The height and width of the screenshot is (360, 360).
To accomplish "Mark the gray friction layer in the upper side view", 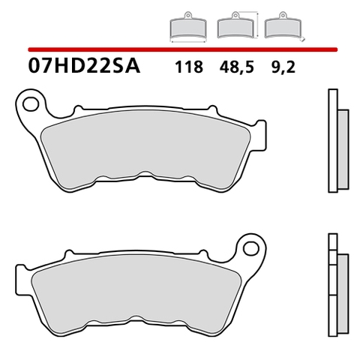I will [344, 150].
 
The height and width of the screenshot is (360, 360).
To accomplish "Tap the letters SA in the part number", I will [128, 65].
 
